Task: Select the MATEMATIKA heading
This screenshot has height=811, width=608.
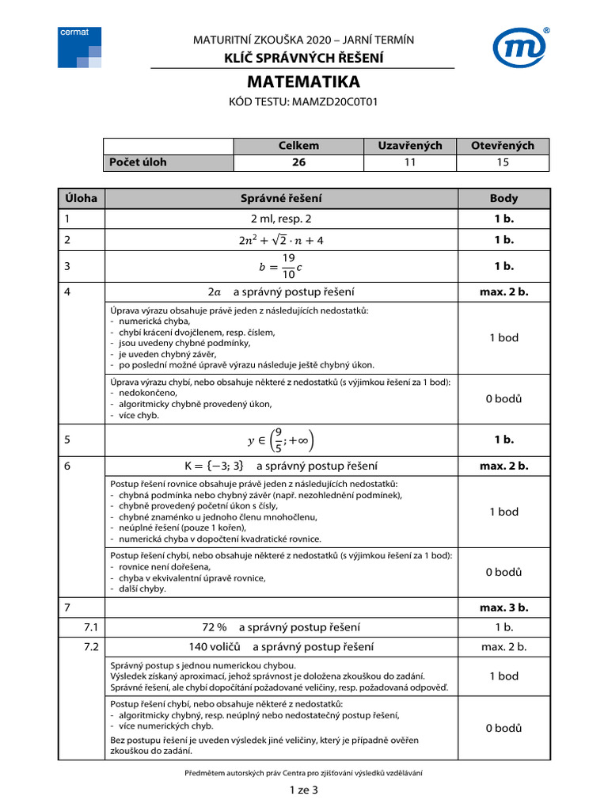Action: point(303,82)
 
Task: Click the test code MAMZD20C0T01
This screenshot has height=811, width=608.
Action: point(303,101)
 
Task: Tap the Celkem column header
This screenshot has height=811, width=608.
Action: point(298,146)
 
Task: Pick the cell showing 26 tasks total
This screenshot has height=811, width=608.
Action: point(298,162)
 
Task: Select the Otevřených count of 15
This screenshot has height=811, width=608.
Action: point(503,162)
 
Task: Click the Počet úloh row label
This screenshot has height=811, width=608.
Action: point(139,162)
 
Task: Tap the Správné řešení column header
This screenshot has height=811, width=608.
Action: point(281,198)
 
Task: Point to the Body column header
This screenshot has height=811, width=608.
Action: point(503,198)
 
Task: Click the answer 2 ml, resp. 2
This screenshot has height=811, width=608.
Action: point(281,219)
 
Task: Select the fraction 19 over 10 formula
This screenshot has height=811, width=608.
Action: point(281,266)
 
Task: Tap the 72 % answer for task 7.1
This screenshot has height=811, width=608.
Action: point(214,626)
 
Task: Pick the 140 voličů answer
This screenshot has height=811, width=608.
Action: point(214,646)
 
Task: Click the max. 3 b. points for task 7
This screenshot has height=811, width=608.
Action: point(503,607)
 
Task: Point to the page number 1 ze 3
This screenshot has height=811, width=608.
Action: point(303,790)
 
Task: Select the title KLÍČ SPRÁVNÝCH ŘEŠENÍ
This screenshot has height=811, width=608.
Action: point(303,57)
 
